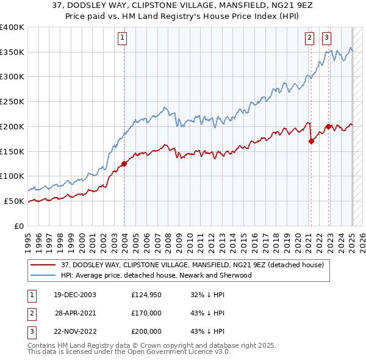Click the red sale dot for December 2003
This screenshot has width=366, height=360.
124,163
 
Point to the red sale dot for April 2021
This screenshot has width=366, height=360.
311,141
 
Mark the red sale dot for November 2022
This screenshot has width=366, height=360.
328,126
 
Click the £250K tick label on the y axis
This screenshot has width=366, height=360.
12,101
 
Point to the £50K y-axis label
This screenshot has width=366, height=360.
14,201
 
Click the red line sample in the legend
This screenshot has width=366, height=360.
43,265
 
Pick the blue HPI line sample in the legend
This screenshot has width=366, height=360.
43,275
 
